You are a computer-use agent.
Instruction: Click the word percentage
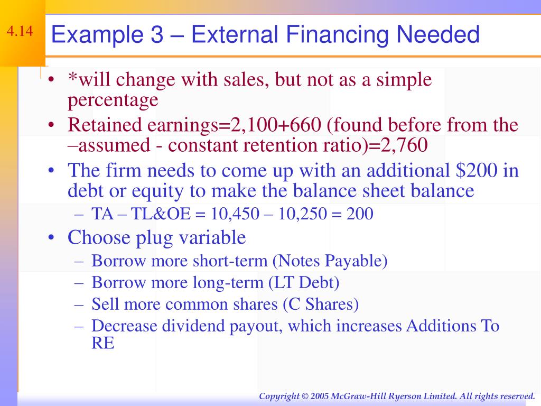pos(113,100)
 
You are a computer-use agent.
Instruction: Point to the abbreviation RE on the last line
pos(102,343)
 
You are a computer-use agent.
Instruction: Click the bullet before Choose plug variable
pos(51,238)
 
